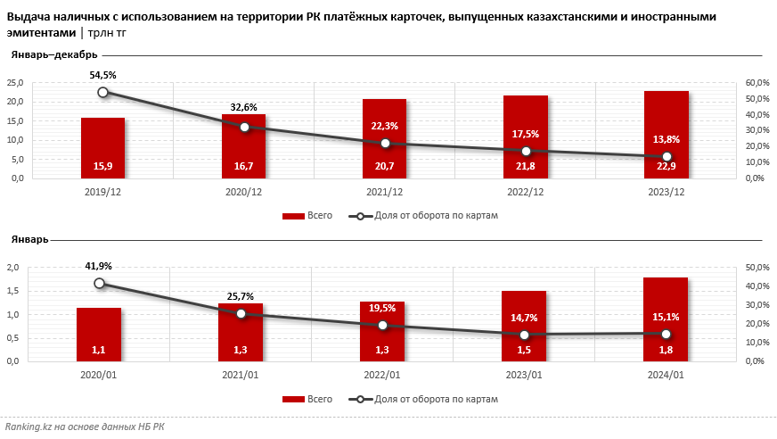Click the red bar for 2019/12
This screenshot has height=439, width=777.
102,148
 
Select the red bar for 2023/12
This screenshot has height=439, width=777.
667,135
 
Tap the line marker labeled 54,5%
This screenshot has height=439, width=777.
103,92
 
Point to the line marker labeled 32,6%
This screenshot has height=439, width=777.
244,127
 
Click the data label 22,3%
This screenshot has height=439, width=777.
385,126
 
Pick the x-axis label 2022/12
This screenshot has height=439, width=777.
526,192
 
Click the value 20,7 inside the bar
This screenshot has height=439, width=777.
385,165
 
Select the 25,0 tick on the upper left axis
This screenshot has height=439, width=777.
15,82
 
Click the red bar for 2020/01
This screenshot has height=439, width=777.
99,335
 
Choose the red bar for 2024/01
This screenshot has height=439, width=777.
666,319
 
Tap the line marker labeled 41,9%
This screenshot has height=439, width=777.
99,283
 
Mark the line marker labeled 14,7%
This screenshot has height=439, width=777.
524,335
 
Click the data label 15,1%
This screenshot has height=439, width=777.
666,315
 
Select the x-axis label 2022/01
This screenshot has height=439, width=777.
382,375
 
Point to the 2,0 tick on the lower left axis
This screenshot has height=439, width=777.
13,268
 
